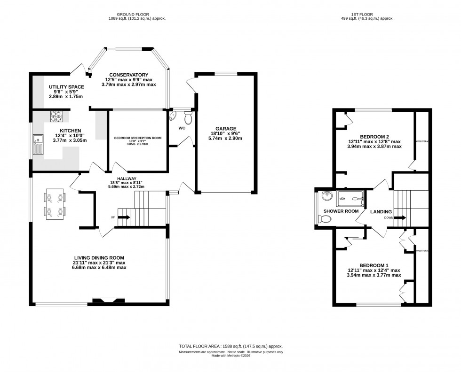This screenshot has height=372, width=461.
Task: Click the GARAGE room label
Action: click(x=226, y=128)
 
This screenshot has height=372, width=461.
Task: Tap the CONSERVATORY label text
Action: click(x=128, y=75)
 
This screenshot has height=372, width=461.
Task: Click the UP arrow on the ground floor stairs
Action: click(x=124, y=217)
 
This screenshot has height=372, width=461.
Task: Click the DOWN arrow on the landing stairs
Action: click(x=400, y=217)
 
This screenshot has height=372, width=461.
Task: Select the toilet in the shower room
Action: click(x=325, y=218)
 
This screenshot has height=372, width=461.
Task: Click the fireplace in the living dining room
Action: click(x=108, y=301)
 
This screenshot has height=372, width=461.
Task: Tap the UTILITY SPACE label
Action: click(x=66, y=87)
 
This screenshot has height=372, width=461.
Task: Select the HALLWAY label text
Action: click(x=127, y=179)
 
